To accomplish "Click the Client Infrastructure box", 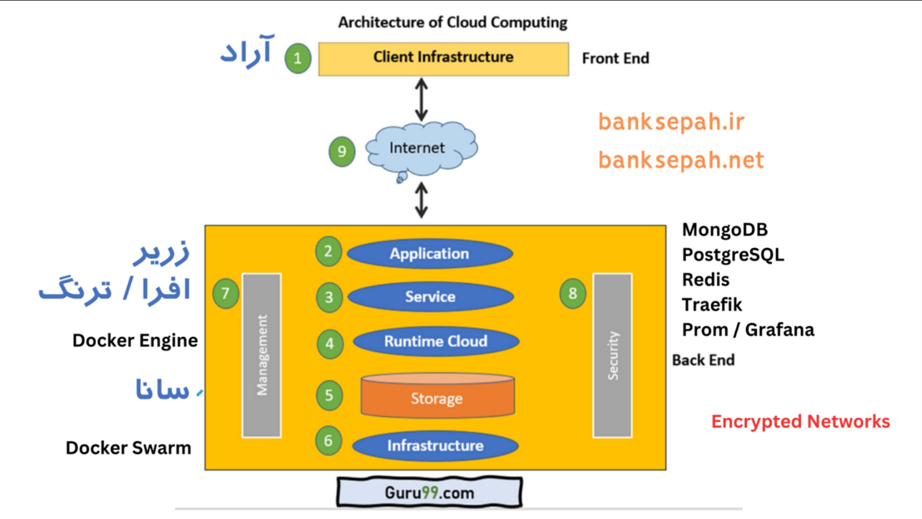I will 443,58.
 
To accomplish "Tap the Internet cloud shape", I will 419,149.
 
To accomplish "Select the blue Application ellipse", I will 429,254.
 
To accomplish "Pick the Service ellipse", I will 430,297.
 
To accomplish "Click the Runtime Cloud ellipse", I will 435,342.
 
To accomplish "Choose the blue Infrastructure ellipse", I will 435,446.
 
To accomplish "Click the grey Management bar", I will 262,355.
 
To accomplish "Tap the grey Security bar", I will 612,355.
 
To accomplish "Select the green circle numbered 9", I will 342,151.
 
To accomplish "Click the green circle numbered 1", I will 298,58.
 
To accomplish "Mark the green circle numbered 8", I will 572,293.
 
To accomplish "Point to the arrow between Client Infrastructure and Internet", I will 422,100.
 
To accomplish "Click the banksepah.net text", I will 681,159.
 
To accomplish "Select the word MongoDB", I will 725,230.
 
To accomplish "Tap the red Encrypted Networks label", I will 800,422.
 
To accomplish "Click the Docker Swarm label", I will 128,448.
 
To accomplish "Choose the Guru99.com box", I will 429,493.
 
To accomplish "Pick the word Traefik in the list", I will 712,305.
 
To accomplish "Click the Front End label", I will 615,59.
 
